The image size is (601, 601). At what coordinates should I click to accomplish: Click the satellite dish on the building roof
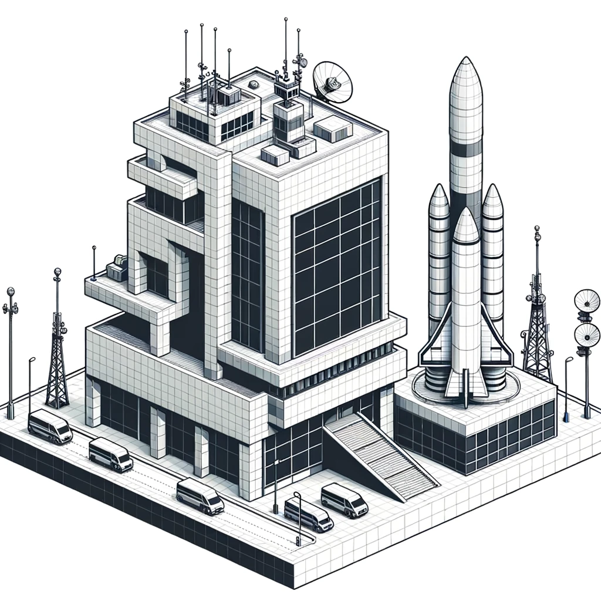332,82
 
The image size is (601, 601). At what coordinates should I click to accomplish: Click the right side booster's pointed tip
492,196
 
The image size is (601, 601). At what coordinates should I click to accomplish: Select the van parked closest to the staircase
344,500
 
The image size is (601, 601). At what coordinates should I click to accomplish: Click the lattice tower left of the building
57,358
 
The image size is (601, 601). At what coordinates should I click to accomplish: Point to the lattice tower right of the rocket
536,329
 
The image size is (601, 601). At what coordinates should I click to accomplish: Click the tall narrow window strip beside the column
247,276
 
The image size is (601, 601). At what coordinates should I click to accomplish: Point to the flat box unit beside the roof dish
333,128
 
